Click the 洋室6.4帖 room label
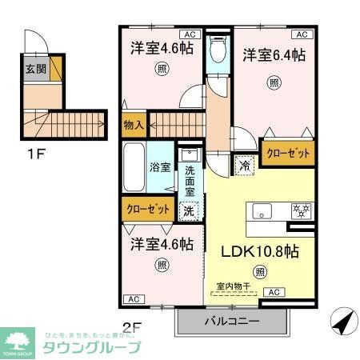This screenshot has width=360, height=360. (x=274, y=55)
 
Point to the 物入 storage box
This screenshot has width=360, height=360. (x=133, y=125)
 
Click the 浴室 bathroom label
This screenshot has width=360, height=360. (x=160, y=168)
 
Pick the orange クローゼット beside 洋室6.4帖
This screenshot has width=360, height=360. (x=287, y=152)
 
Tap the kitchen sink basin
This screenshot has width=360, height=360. (x=263, y=211)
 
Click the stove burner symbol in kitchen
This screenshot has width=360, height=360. (x=303, y=211)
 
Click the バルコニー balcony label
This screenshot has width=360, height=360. (x=231, y=322)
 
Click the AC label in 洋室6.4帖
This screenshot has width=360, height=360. (x=302, y=35)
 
